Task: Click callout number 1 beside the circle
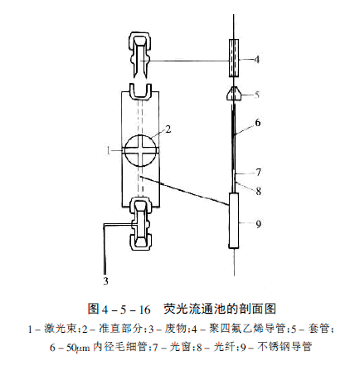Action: (109, 150)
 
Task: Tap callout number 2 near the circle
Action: (168, 129)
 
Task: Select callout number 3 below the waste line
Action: (105, 281)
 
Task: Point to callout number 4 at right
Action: (257, 60)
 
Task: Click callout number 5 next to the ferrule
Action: (257, 95)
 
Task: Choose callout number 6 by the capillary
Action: (258, 123)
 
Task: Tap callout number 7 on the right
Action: (258, 172)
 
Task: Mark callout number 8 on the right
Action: (258, 191)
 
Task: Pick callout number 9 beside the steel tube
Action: (258, 224)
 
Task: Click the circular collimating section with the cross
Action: (140, 150)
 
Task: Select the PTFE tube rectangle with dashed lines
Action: (234, 58)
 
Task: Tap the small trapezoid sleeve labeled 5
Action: (234, 94)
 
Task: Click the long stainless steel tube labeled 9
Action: (234, 221)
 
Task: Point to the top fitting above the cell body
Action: (140, 55)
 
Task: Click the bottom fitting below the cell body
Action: (140, 223)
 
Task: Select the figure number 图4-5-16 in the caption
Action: (119, 309)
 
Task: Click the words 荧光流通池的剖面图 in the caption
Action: (220, 309)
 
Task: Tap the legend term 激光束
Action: (60, 329)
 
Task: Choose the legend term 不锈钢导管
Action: (285, 347)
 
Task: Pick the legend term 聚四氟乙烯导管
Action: (247, 329)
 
